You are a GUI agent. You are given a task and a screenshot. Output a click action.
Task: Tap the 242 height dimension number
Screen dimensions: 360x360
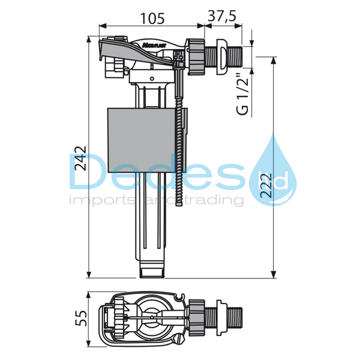coord(79,158)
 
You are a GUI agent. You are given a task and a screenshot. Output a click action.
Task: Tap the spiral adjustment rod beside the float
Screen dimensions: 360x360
coord(179,150)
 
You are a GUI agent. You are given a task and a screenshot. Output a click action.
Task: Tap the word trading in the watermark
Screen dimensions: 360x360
coord(218,200)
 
